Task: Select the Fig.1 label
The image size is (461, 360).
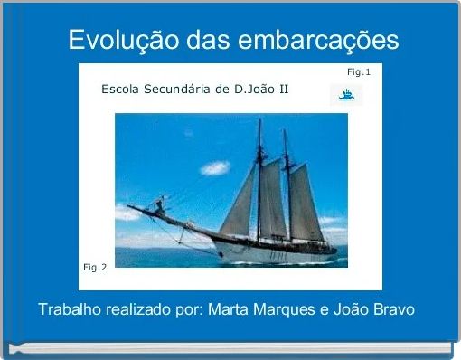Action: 359,71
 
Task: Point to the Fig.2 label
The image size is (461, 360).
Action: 95,267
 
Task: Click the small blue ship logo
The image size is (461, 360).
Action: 345,93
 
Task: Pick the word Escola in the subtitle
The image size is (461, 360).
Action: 121,90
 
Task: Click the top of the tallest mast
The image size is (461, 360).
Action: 259,121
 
